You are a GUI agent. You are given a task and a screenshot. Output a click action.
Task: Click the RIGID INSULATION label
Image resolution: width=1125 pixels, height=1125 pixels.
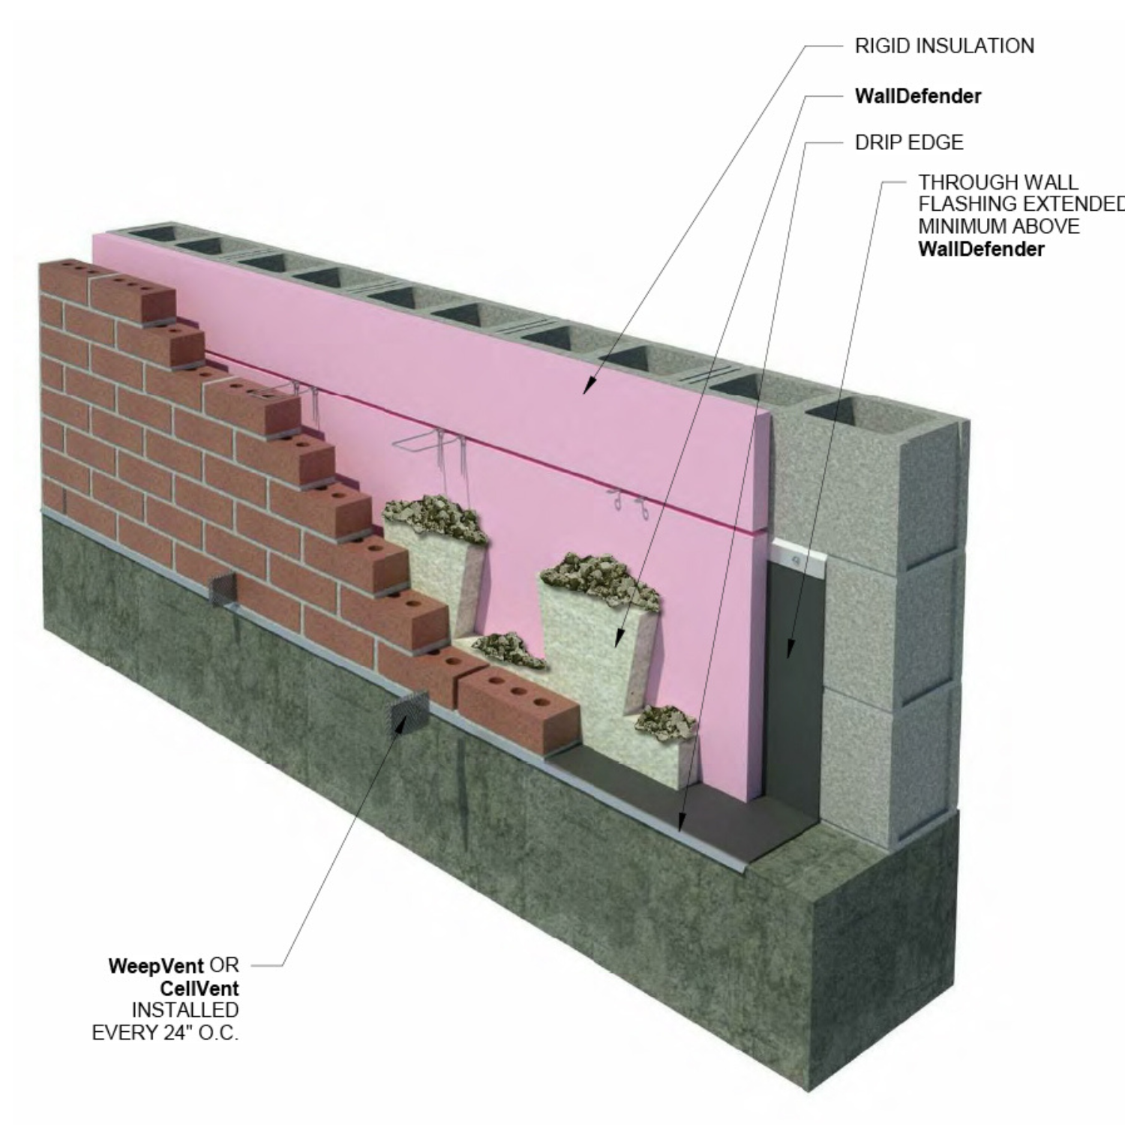point(944,46)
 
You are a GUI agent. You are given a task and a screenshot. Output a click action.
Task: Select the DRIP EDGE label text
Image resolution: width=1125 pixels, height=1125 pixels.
point(909,142)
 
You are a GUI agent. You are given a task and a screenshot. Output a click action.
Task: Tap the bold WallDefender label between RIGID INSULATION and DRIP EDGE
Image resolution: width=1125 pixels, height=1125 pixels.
point(918,96)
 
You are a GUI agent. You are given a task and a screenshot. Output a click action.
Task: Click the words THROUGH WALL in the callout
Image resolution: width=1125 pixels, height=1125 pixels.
point(998,182)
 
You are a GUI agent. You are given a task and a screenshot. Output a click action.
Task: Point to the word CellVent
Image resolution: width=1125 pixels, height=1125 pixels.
point(199,988)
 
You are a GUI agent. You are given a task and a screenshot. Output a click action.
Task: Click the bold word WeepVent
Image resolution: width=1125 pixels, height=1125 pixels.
point(156,965)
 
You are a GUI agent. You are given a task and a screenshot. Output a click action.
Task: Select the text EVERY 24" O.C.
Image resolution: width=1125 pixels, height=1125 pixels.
point(165,1033)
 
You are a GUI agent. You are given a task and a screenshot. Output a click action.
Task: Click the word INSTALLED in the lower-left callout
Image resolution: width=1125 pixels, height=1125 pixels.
point(185,1010)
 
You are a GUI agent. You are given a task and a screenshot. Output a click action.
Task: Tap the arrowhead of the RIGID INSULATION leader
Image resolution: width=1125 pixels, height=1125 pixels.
point(589,386)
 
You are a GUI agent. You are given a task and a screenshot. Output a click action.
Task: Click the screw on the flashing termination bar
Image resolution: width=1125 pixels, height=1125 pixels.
point(795,559)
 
